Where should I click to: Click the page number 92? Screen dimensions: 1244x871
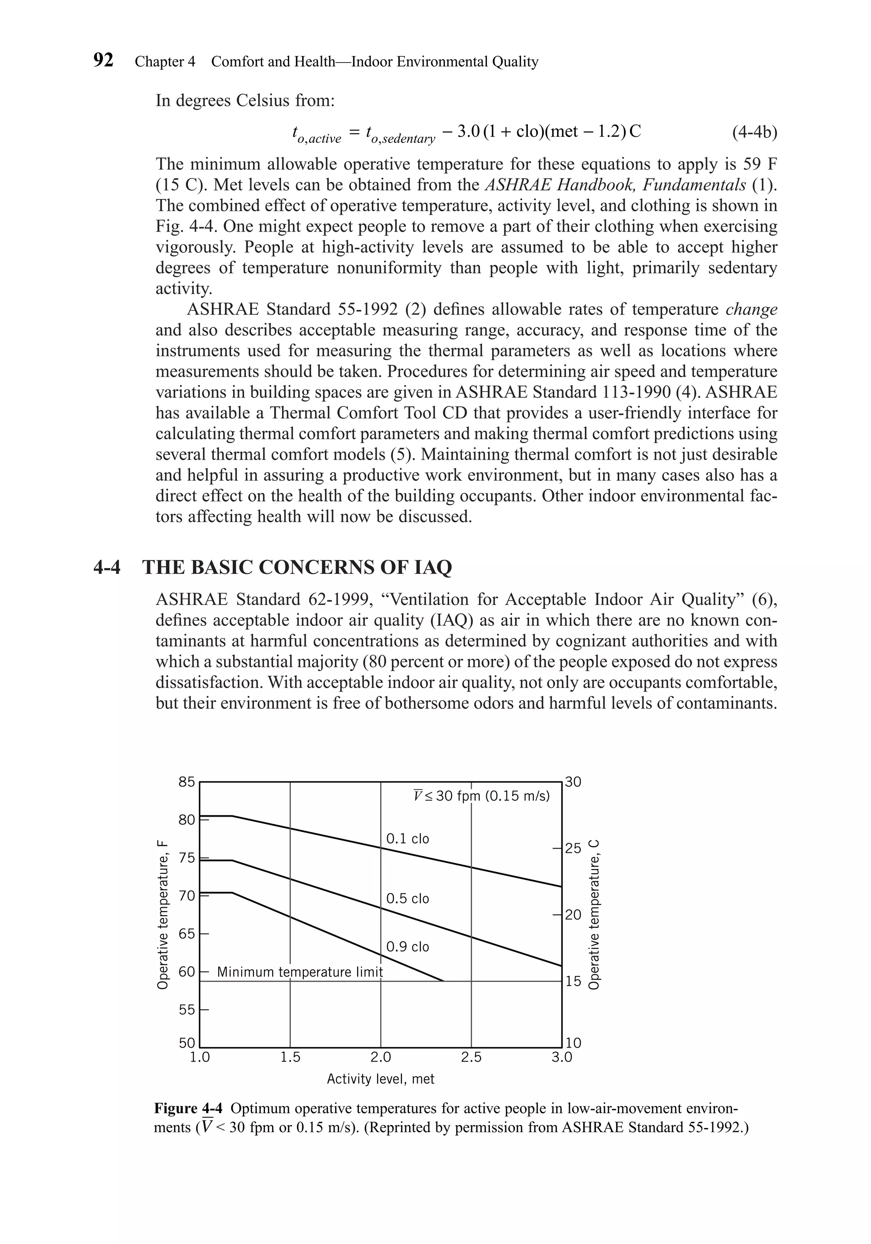click(103, 60)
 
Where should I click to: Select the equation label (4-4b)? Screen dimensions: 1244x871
click(754, 132)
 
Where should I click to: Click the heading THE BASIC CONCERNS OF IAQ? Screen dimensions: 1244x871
click(296, 567)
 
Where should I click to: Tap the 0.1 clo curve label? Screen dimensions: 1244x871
click(407, 839)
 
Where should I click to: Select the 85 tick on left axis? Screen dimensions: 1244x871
click(186, 782)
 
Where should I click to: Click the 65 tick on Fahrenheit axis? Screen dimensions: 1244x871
click(186, 934)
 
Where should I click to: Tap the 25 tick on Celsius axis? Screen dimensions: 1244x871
click(573, 848)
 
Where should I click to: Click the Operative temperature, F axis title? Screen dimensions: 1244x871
click(162, 914)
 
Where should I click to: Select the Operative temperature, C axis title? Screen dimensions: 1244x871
click(595, 914)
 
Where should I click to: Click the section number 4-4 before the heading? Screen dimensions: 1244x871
click(107, 567)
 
